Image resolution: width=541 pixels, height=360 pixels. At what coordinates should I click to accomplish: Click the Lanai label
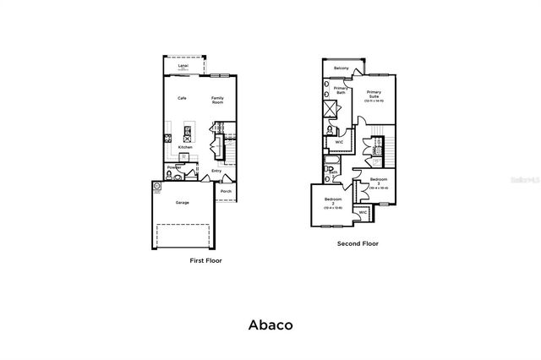pyautogui.click(x=183, y=66)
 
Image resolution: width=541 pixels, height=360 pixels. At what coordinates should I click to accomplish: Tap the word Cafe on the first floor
pyautogui.click(x=182, y=98)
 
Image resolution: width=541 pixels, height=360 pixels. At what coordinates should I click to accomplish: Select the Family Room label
pyautogui.click(x=217, y=100)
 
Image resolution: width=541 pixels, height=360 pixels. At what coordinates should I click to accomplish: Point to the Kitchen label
pyautogui.click(x=185, y=147)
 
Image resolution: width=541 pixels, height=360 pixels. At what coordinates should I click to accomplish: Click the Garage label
pyautogui.click(x=182, y=203)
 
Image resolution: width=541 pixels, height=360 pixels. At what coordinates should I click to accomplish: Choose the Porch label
pyautogui.click(x=226, y=191)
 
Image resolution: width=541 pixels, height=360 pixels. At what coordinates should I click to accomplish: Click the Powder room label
pyautogui.click(x=174, y=166)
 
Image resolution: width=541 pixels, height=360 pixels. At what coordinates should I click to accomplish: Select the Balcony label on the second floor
pyautogui.click(x=342, y=68)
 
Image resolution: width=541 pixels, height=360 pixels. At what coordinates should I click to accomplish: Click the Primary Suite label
pyautogui.click(x=374, y=95)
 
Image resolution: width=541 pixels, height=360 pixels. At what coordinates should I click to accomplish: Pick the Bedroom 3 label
pyautogui.click(x=378, y=182)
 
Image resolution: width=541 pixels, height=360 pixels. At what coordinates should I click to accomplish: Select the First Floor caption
pyautogui.click(x=205, y=261)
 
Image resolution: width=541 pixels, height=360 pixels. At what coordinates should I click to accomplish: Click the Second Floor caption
pyautogui.click(x=358, y=243)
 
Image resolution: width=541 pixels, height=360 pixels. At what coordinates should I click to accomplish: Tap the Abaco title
pyautogui.click(x=270, y=324)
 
